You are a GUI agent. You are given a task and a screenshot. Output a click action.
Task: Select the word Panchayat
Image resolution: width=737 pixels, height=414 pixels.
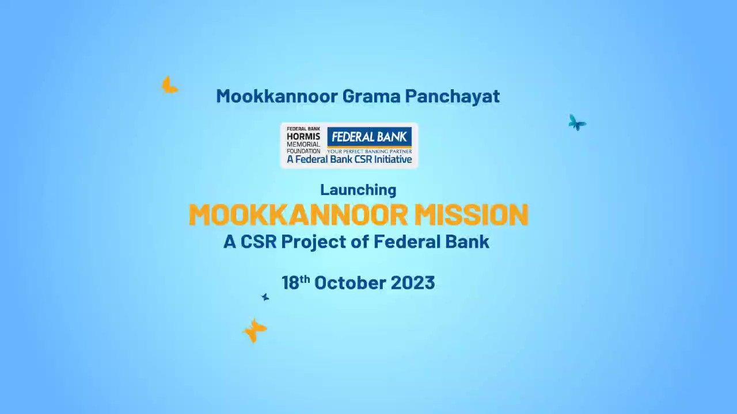tap(453, 97)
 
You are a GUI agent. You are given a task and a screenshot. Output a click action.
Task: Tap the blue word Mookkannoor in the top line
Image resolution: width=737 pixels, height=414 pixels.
tap(277, 96)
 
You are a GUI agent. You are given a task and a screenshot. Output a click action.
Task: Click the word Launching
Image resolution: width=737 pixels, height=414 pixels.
tap(358, 190)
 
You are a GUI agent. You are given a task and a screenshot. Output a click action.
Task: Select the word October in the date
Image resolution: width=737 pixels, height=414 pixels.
tap(350, 283)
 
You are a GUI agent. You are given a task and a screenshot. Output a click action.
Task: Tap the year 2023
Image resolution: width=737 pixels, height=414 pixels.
tap(413, 283)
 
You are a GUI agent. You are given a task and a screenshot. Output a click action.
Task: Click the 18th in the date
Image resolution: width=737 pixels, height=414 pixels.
tap(296, 282)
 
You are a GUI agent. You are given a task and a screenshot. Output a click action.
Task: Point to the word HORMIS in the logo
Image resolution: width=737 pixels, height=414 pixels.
tap(299, 137)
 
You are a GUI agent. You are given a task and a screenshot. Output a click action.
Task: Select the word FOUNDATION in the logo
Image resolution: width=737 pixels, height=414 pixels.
tap(303, 151)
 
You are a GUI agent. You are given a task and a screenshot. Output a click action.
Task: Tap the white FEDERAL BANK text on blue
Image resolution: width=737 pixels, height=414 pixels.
tap(369, 137)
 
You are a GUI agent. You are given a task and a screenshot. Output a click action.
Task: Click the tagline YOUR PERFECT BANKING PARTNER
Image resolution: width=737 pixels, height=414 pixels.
tap(369, 151)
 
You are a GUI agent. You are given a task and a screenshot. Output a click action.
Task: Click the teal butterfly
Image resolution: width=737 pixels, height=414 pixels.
tap(577, 123)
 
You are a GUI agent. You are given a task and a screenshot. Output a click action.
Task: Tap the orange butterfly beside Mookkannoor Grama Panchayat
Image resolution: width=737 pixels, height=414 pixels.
tap(169, 86)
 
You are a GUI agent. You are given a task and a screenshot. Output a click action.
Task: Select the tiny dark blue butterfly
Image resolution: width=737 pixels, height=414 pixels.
tap(265, 297)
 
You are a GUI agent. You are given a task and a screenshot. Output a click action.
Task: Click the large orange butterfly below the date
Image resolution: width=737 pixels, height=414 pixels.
tap(254, 331)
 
